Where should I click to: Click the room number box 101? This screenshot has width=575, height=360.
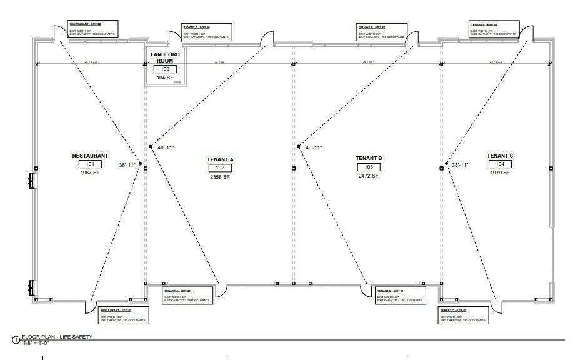coord(90,164)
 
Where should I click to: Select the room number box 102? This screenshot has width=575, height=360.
coord(220,167)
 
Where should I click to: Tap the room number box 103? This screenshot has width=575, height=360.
coord(368,167)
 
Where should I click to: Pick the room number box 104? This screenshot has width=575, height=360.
coord(500,164)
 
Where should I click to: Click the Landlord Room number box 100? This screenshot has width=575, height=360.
coord(165,69)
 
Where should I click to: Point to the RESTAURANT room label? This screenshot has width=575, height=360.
coord(90,156)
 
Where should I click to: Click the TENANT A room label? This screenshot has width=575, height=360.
coord(220,159)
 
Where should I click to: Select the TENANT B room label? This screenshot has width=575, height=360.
coord(368,159)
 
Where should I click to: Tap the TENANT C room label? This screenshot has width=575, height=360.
coord(500,156)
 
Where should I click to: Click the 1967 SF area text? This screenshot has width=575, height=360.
coord(90,173)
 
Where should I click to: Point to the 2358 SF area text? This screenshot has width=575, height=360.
coord(220,177)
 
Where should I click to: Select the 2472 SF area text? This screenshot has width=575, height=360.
coord(368,176)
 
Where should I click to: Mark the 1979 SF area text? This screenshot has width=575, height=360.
coord(500,172)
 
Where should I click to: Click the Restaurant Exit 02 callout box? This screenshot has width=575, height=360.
coord(94,30)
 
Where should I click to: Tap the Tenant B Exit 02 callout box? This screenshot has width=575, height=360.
coord(381,32)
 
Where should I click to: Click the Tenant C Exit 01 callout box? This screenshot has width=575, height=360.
coord(462,314)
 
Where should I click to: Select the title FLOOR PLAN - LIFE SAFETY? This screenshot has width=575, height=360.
coord(57,337)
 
